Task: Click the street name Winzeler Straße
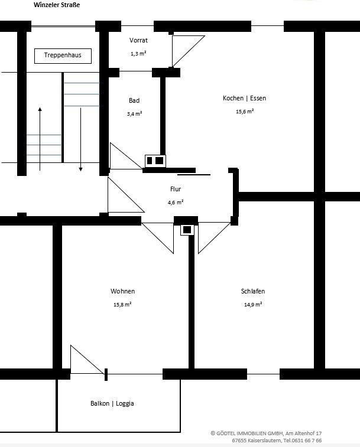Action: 57,5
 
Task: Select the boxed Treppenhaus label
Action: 63,56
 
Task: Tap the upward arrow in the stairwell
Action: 40,139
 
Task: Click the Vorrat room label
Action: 138,41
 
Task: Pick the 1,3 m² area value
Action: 138,54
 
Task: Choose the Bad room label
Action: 134,100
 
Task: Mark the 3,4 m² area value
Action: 134,113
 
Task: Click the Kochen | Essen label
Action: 244,98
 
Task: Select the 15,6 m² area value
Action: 244,111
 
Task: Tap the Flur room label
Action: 176,189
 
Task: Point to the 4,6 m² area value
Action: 176,202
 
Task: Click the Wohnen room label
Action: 122,291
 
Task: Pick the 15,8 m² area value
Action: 122,305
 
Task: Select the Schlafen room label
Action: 252,291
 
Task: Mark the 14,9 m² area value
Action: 252,305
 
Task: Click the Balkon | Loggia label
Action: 112,403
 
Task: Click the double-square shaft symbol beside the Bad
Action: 155,161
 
